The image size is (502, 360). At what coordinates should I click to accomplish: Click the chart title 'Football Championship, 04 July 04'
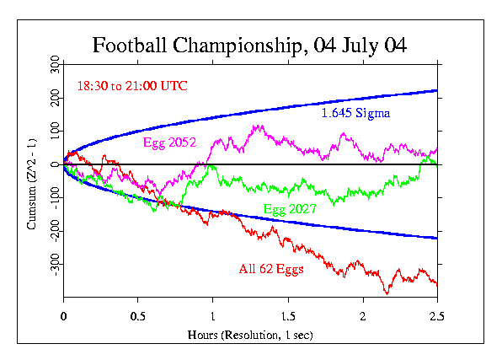[249, 45]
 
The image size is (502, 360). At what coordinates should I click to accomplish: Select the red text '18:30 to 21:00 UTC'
[132, 85]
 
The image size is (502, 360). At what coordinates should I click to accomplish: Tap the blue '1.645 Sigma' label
[355, 112]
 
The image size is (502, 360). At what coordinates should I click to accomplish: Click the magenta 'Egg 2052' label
[169, 142]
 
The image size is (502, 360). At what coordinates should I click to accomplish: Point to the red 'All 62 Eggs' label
[271, 270]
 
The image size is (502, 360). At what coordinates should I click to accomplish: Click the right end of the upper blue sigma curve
[437, 90]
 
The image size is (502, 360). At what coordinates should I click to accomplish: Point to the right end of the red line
[437, 284]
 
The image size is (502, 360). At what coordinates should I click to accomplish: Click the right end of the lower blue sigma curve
[437, 239]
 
